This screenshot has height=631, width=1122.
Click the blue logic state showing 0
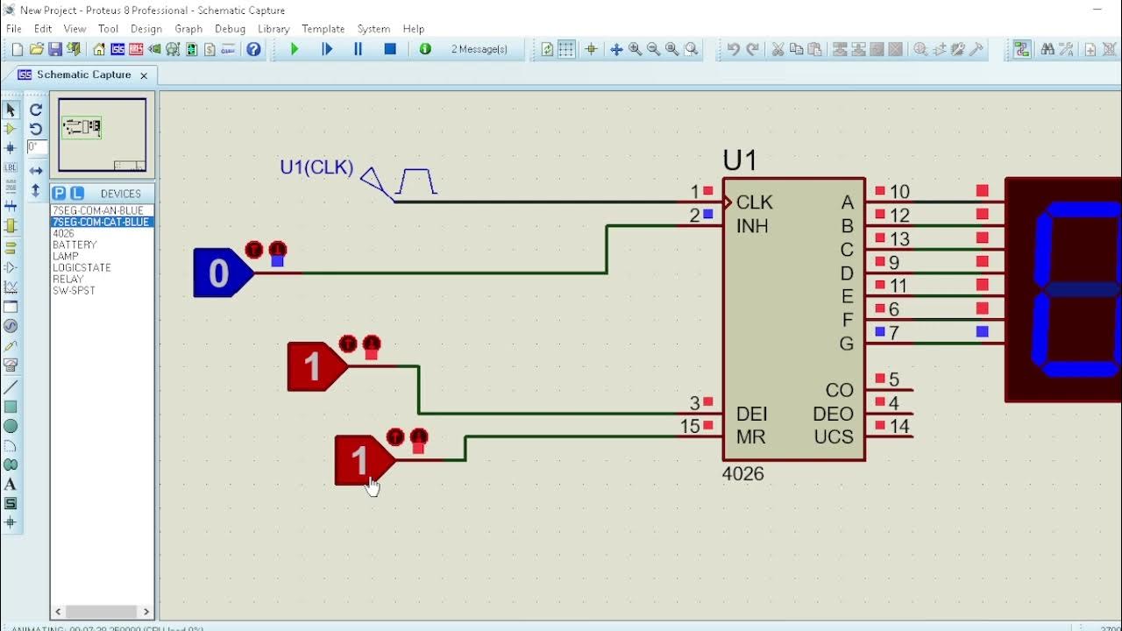coord(219,273)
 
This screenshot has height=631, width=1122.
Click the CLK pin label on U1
coord(754,202)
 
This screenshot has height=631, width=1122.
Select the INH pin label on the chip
coord(752,226)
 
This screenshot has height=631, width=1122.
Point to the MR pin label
coord(750,436)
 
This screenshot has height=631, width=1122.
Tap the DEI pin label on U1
coord(752,414)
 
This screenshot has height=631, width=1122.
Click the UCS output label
coord(834,436)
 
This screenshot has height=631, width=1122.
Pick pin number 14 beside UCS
coord(899,427)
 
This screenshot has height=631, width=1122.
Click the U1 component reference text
coord(739,160)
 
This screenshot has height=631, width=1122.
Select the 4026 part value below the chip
coord(742,474)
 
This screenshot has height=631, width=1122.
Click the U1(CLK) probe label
coord(316,167)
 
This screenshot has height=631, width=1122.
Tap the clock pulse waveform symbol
coord(416,182)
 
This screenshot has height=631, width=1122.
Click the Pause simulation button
coord(358,49)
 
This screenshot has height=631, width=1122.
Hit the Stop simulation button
coord(390,49)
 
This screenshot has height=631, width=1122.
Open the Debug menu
coord(230,29)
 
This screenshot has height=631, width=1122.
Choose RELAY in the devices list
coord(68,279)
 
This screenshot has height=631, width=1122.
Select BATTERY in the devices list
coord(75,245)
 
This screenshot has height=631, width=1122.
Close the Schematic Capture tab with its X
coord(144,75)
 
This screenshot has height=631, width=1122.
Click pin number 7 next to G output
coord(893,333)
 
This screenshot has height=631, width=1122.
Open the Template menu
coord(323,29)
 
